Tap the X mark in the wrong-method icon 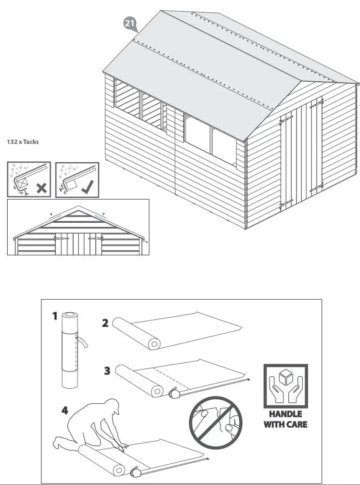click(x=41, y=188)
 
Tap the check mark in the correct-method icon click(x=88, y=187)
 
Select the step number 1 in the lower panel click(x=55, y=316)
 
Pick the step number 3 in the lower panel click(x=107, y=370)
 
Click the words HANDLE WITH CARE click(x=285, y=419)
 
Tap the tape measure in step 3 click(x=174, y=394)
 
